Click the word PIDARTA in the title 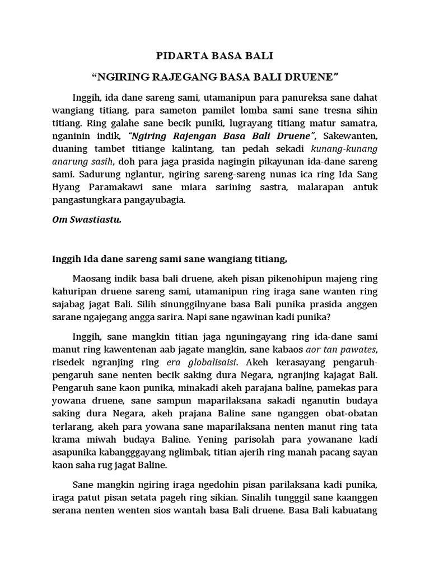pyautogui.click(x=176, y=57)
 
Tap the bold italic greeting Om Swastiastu pyautogui.click(x=86, y=220)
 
